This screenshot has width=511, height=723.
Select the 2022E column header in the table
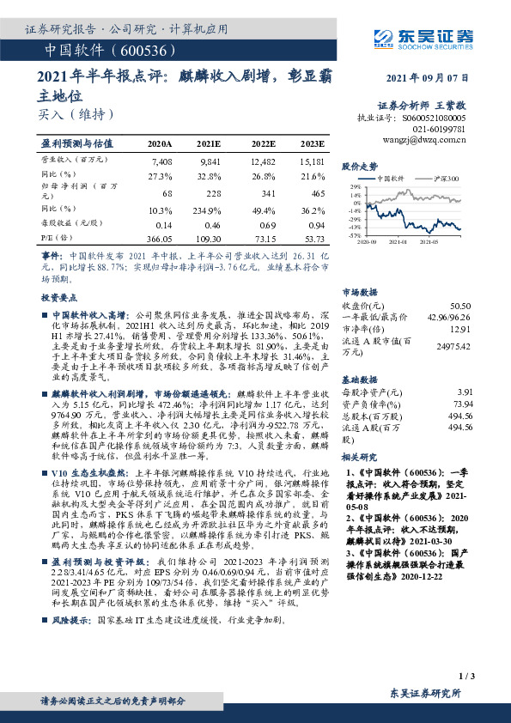pos(264,144)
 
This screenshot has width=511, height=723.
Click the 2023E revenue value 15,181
pos(312,161)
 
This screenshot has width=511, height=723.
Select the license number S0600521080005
pos(435,118)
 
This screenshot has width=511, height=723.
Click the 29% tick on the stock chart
pos(355,186)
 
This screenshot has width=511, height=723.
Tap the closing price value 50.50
pos(460,306)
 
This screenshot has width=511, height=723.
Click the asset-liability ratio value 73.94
pos(462,403)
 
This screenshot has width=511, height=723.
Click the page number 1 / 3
pos(466,678)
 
